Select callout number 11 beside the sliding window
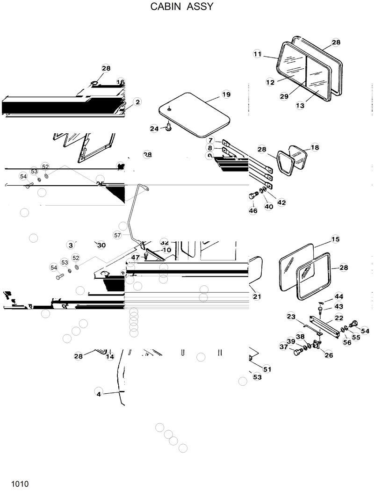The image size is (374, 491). (x=258, y=54)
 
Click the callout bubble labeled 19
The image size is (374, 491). (x=226, y=94)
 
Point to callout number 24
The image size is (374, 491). (x=154, y=129)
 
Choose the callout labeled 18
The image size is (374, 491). (x=315, y=147)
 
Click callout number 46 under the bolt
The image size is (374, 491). (x=253, y=210)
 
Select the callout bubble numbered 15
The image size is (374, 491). (x=335, y=239)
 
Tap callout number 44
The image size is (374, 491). (x=338, y=297)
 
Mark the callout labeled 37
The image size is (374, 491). (x=283, y=347)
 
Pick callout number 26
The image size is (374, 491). (x=329, y=355)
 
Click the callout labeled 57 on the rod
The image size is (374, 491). (x=117, y=234)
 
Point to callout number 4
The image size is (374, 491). (x=99, y=394)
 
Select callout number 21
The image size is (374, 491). (x=256, y=296)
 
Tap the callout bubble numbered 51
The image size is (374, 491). (x=267, y=369)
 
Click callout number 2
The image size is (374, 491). (x=137, y=101)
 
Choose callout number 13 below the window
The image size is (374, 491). (x=300, y=106)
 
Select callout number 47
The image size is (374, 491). (x=135, y=257)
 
